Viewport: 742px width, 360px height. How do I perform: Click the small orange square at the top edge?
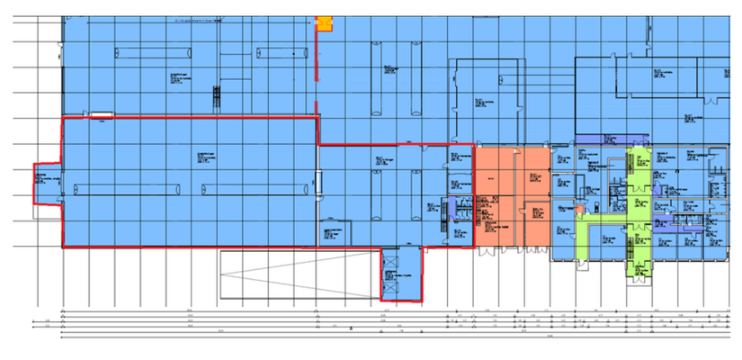tap(323, 23)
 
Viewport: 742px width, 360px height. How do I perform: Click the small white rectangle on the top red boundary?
tap(102, 114)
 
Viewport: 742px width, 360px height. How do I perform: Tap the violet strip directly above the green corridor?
tap(611, 139)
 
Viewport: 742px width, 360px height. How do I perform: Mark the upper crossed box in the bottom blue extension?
tap(391, 275)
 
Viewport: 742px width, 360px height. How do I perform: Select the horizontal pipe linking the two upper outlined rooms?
tap(549, 89)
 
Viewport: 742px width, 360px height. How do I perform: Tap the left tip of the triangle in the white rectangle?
tap(223, 274)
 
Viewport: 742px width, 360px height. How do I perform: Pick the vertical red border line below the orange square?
tap(317, 81)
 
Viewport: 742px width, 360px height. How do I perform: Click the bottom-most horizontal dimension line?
tap(396, 339)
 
